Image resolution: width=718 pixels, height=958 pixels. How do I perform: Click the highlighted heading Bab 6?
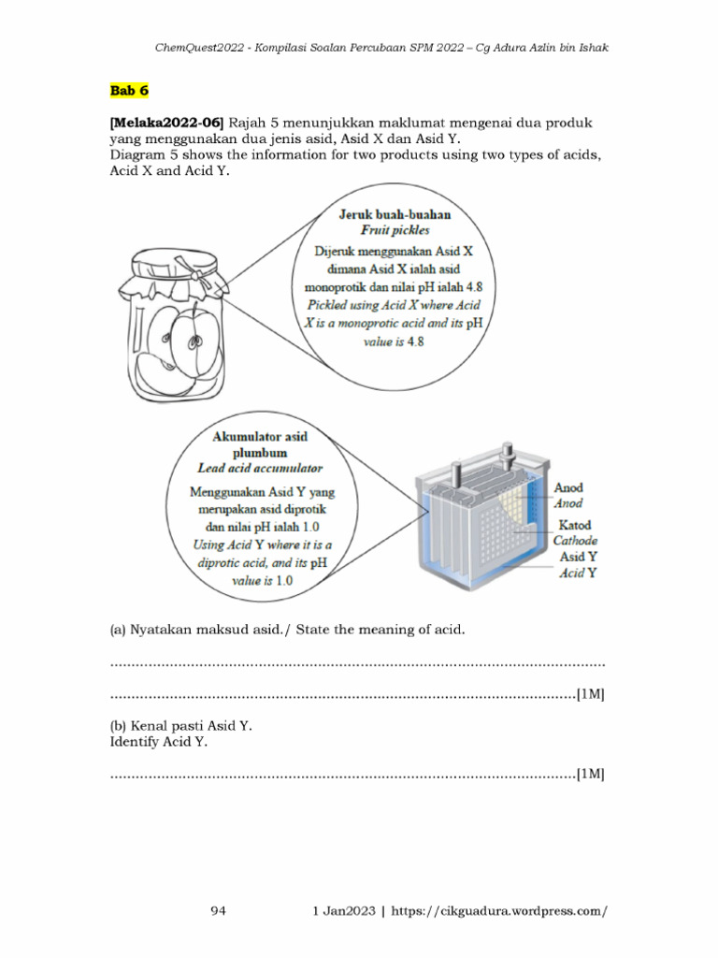128,91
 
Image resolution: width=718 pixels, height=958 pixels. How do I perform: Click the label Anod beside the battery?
568,487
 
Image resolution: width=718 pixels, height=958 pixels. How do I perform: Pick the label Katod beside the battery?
574,525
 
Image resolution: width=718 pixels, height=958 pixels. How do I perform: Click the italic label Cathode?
575,541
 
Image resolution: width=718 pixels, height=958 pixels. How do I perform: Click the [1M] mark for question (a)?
590,694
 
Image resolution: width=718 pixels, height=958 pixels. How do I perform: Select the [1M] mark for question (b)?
590,774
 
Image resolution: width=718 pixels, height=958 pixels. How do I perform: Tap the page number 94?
220,910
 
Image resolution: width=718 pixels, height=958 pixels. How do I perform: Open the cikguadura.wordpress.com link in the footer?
500,910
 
